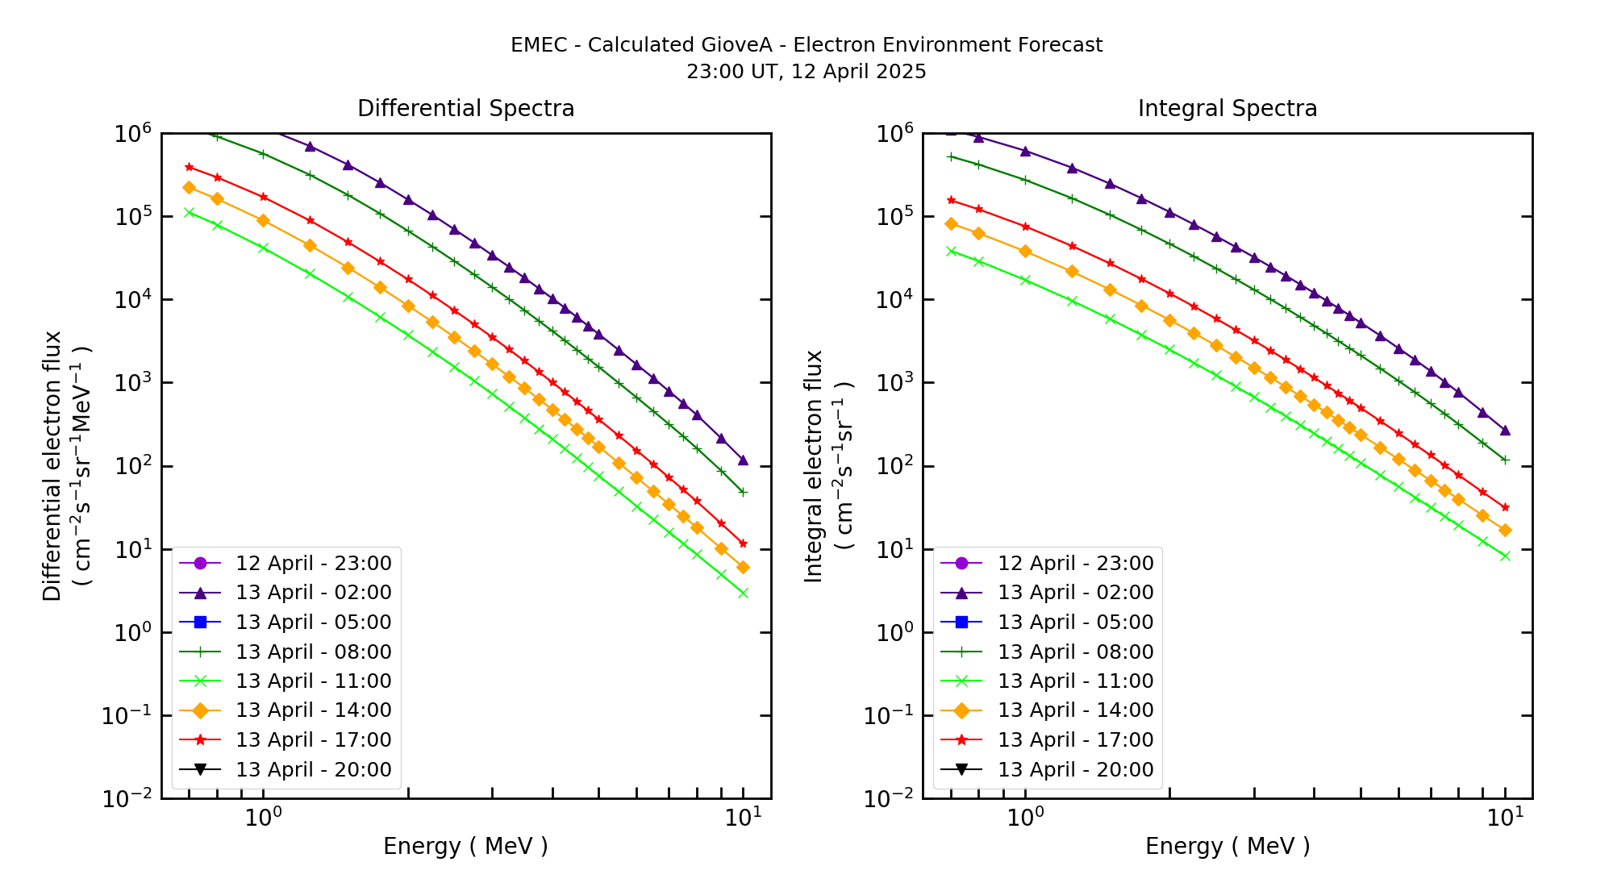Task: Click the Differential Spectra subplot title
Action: click(465, 108)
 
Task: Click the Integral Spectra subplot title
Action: click(1227, 108)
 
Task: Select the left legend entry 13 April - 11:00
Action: click(313, 681)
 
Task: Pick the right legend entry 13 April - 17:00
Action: click(1075, 739)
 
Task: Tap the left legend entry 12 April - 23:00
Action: click(313, 563)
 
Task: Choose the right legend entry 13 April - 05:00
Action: click(1075, 622)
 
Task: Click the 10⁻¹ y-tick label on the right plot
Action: click(890, 715)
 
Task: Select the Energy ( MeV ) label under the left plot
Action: click(465, 846)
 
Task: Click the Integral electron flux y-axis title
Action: click(814, 466)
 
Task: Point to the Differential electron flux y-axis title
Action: click(52, 466)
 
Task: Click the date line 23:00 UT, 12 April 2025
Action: click(806, 72)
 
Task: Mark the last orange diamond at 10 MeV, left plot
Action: click(743, 568)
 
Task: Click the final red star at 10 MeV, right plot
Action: click(1505, 507)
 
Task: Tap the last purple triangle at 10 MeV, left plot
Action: click(743, 460)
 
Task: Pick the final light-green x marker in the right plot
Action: click(1505, 556)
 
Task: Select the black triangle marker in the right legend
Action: click(961, 769)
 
